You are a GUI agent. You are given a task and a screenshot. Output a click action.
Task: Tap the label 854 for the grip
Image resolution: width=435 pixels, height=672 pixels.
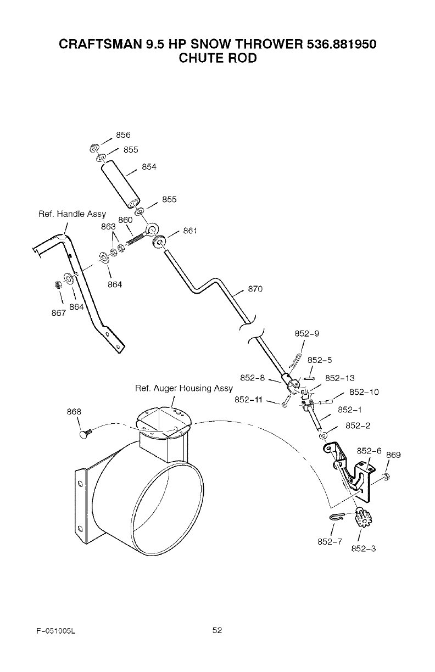coord(149,167)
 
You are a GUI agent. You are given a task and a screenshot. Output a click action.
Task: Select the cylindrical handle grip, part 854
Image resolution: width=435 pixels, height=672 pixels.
coord(121,184)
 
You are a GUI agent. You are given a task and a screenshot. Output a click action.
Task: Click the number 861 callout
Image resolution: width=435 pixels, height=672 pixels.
coord(189,231)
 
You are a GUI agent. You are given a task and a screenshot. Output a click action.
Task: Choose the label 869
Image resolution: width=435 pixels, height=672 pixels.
coord(393,455)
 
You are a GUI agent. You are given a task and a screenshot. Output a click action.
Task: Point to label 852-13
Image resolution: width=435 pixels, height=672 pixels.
coord(340,378)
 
